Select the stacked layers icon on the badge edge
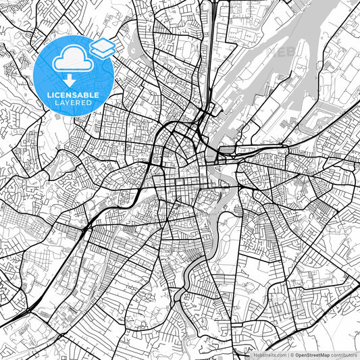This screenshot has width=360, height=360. (102, 47)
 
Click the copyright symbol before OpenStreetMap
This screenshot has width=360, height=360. (292, 355)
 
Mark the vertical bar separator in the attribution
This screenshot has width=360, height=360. (286, 355)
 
